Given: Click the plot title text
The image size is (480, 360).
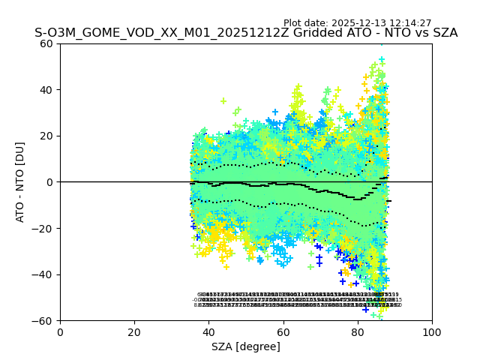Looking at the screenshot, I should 246,34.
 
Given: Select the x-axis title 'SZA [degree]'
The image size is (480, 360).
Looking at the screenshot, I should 246,346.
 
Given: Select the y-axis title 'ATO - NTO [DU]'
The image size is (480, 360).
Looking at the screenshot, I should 21,181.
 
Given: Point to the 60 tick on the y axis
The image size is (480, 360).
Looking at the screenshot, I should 47,43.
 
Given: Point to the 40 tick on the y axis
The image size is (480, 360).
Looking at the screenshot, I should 47,90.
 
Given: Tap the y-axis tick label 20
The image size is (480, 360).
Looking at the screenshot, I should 47,136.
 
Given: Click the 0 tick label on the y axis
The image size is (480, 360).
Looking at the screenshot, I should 50,182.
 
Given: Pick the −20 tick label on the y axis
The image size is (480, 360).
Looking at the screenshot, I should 44,228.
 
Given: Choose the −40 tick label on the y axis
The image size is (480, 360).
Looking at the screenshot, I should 44,274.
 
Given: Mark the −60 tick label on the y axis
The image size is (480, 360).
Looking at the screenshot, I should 44,320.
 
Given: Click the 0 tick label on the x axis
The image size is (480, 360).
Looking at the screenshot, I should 60,331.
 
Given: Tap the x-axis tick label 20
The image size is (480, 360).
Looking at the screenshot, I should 134,331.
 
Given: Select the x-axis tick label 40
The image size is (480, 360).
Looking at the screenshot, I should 208,331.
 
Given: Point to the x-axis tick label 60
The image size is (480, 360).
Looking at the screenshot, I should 283,331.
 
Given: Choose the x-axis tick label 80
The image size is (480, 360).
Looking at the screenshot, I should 358,331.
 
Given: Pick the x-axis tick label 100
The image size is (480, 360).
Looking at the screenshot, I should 432,331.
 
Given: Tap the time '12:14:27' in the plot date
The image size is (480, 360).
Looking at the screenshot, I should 409,23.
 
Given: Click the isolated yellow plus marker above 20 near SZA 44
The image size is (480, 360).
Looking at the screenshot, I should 223,100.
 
